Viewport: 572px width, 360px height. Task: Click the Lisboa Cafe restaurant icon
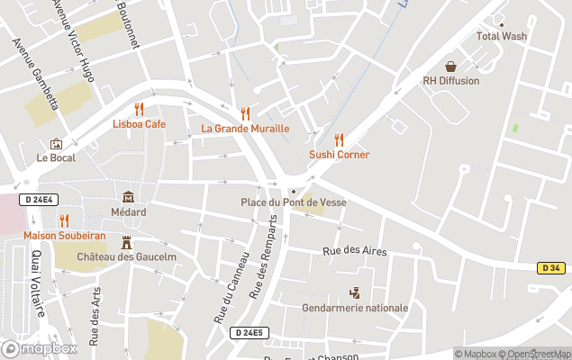pyautogui.click(x=139, y=109)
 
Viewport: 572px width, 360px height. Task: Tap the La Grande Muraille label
pyautogui.click(x=245, y=129)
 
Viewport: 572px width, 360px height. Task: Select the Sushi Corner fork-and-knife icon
pyautogui.click(x=340, y=139)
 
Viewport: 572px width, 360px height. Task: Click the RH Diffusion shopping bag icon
pyautogui.click(x=450, y=67)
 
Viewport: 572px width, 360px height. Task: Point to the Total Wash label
pyautogui.click(x=502, y=37)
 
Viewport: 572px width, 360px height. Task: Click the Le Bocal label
pyautogui.click(x=56, y=157)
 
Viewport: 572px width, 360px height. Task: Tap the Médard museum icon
pyautogui.click(x=128, y=197)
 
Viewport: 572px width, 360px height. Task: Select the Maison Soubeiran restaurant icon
pyautogui.click(x=64, y=220)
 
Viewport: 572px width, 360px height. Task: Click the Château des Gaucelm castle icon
pyautogui.click(x=126, y=242)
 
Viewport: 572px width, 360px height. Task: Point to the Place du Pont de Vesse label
pyautogui.click(x=294, y=202)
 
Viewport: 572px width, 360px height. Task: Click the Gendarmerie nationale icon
pyautogui.click(x=354, y=292)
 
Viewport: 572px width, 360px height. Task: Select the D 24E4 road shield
pyautogui.click(x=39, y=200)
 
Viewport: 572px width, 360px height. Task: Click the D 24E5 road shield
pyautogui.click(x=249, y=333)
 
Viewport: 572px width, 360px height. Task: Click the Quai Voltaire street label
pyautogui.click(x=38, y=284)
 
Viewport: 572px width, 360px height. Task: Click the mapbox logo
pyautogui.click(x=40, y=348)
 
